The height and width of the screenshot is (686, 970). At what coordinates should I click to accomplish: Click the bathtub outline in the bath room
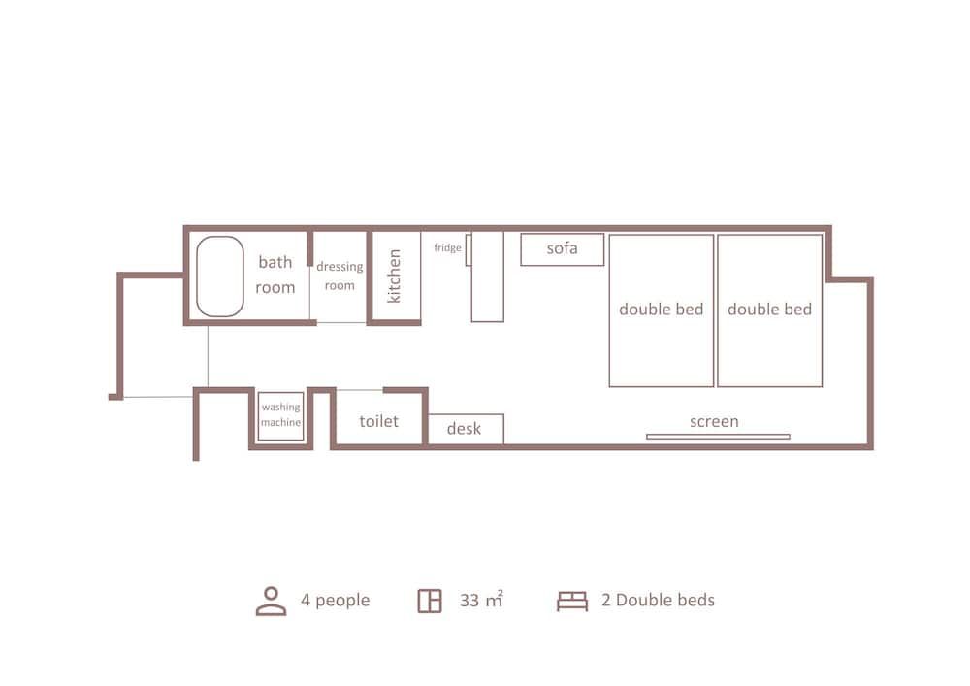(x=220, y=277)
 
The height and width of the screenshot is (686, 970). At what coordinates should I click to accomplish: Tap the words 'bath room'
(x=275, y=275)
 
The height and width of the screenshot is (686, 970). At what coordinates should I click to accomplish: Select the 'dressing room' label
(x=339, y=276)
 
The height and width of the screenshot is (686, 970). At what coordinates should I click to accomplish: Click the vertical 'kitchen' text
(x=395, y=277)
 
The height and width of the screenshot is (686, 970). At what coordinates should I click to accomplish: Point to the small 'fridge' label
(x=447, y=248)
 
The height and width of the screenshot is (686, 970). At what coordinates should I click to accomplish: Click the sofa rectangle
(x=562, y=249)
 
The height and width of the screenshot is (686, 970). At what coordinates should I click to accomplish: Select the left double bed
(x=661, y=310)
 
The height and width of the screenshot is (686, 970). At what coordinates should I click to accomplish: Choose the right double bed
(x=769, y=310)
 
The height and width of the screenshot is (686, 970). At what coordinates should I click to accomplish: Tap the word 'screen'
(x=714, y=421)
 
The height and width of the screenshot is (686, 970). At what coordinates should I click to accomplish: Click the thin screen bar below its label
(x=718, y=437)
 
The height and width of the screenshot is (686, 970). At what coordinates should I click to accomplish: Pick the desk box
(x=466, y=429)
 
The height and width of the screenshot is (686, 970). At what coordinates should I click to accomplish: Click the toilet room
(x=378, y=421)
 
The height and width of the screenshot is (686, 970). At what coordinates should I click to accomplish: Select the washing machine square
(x=280, y=416)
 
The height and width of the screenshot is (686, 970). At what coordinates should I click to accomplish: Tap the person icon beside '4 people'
(x=271, y=601)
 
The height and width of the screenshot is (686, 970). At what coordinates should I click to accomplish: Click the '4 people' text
(x=335, y=601)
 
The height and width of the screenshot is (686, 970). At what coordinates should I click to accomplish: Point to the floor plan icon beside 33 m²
(x=430, y=601)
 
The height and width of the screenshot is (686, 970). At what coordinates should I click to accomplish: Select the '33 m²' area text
(x=481, y=601)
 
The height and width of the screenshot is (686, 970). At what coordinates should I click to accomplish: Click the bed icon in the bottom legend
(x=572, y=601)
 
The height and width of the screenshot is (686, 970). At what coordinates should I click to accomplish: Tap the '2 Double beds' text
(x=658, y=601)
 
